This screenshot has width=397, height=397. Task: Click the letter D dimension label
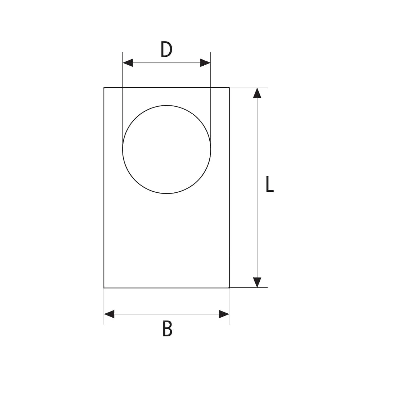(166, 50)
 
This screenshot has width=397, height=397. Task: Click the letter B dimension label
(167, 328)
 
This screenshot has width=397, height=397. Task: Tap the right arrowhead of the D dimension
(205, 63)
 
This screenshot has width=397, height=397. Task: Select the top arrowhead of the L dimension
(257, 93)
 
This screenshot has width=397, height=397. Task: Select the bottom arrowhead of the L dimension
(257, 282)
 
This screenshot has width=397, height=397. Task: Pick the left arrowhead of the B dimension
(109, 314)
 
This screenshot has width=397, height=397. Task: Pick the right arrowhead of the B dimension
(224, 314)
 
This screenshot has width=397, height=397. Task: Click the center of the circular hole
(167, 149)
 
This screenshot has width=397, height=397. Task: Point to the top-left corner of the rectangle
(104, 88)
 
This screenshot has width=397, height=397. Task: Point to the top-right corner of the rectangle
(229, 88)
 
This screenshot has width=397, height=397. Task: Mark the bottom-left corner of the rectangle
(104, 288)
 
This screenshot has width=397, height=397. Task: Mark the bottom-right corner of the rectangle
(229, 288)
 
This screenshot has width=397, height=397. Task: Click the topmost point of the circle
(167, 105)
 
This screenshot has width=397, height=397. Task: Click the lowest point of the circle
(167, 193)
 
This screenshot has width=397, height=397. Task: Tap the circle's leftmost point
(123, 149)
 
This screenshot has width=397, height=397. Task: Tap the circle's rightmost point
(211, 149)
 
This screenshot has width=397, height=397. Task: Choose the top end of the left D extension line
(123, 52)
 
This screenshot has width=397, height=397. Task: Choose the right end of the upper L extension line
(268, 88)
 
